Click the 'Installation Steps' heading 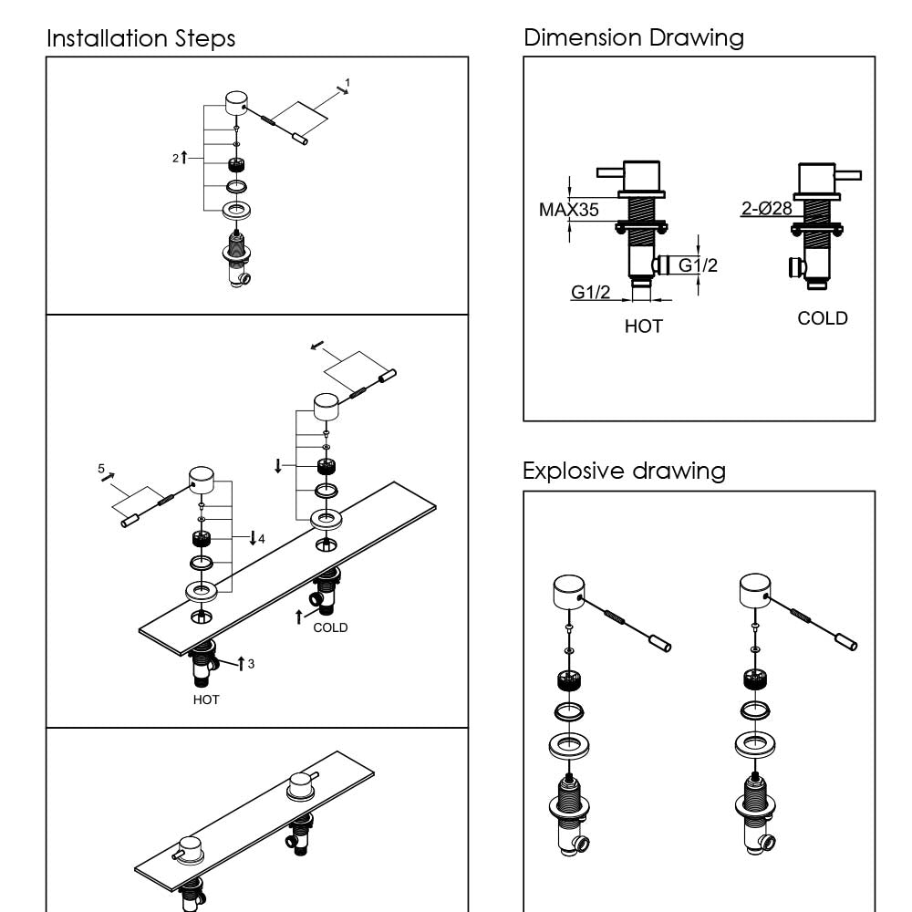point(140,39)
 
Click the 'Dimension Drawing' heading point(634,37)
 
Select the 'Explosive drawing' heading point(624,471)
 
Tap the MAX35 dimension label point(569,210)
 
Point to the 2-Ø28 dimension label point(766,209)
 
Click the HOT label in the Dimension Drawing point(643,326)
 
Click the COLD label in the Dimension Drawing point(822,318)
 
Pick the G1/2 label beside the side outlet point(698,265)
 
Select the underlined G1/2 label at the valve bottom point(591,292)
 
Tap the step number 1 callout point(347,83)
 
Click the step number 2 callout point(176,158)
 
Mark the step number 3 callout point(251,663)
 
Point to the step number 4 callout point(261,539)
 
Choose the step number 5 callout point(101,468)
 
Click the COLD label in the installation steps point(330,627)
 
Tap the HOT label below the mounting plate point(206,700)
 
